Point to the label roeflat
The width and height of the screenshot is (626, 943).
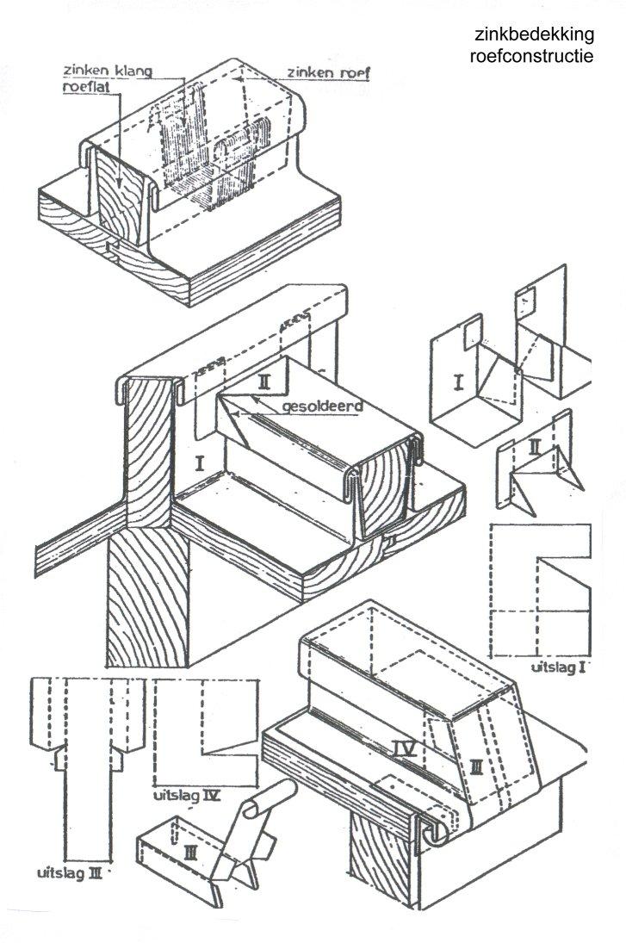(x=83, y=86)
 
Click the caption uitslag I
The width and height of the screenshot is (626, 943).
(x=558, y=667)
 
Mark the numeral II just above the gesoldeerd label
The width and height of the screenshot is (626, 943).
(x=263, y=379)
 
